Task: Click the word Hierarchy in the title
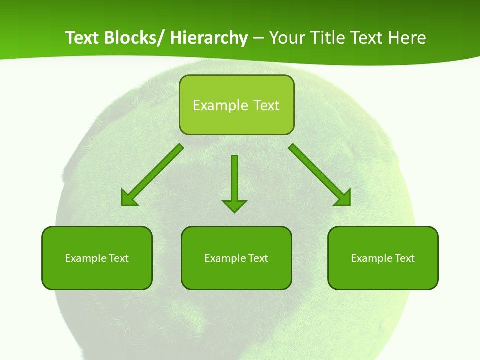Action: click(208, 38)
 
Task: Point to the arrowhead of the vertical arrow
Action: click(234, 205)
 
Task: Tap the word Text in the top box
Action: click(266, 105)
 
